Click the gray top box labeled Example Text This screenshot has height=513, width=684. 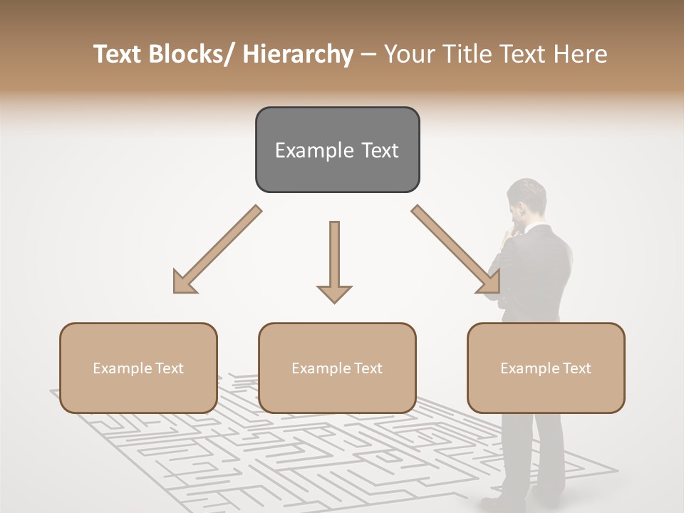pyautogui.click(x=337, y=150)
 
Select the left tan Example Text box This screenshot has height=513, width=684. pyautogui.click(x=138, y=368)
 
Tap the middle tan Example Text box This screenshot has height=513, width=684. pyautogui.click(x=337, y=368)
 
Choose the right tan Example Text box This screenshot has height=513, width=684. pyautogui.click(x=546, y=368)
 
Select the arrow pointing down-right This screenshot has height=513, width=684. pyautogui.click(x=457, y=250)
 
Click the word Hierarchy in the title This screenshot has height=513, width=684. pyautogui.click(x=298, y=54)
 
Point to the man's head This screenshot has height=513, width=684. pyautogui.click(x=526, y=199)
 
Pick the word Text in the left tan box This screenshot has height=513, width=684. pyautogui.click(x=170, y=368)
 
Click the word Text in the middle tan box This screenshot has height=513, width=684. pyautogui.click(x=368, y=368)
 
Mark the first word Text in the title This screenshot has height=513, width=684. pyautogui.click(x=119, y=54)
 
